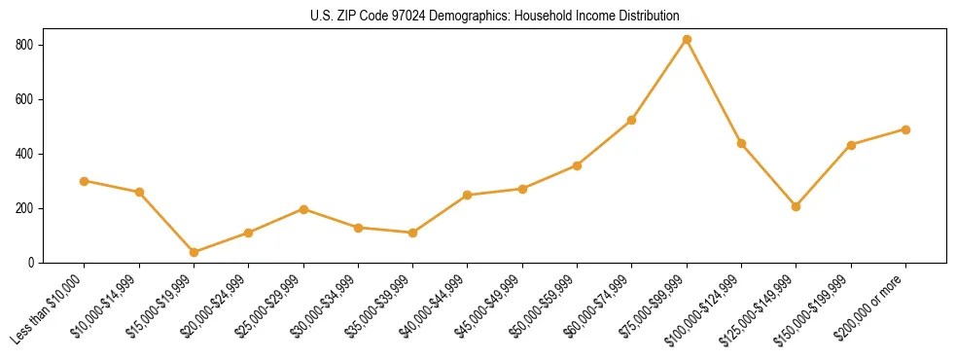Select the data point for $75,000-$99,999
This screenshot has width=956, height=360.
click(x=687, y=40)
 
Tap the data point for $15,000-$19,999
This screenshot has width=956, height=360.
click(x=194, y=252)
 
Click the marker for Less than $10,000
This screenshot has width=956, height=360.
click(x=85, y=181)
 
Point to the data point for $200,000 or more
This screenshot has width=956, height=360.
click(x=905, y=129)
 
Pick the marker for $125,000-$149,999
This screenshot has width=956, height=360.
click(x=796, y=206)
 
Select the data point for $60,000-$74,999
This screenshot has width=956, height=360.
click(x=632, y=121)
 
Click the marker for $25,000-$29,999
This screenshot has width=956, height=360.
click(x=303, y=209)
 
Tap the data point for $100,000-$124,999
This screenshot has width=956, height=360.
click(x=741, y=143)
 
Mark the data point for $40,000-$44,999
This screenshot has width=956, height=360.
click(x=468, y=195)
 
